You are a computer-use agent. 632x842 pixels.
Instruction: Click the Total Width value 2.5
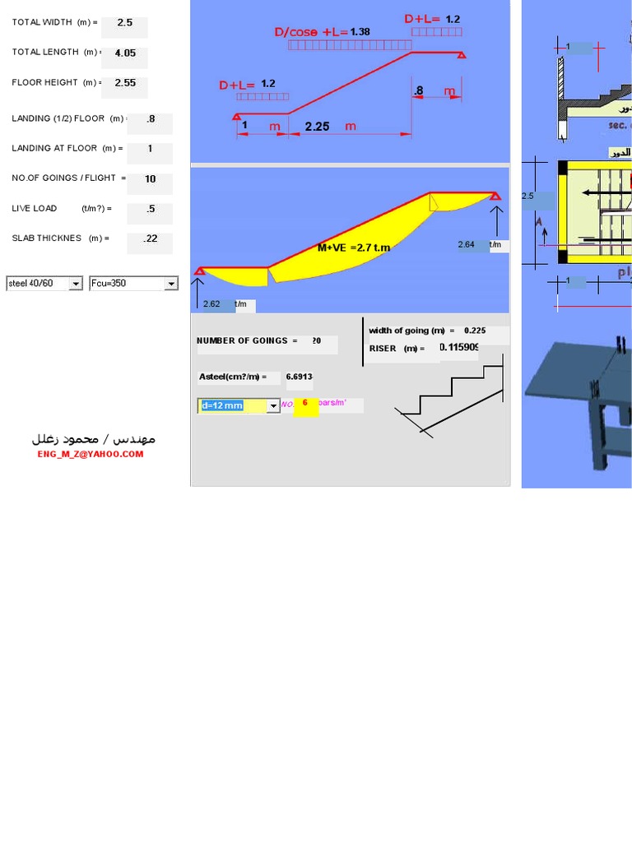(124, 24)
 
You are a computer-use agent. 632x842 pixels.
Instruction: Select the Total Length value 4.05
(125, 53)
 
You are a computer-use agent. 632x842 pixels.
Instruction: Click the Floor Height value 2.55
(125, 83)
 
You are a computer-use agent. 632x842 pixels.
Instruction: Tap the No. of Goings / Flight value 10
(150, 179)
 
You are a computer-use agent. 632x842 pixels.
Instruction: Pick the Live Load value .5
(150, 210)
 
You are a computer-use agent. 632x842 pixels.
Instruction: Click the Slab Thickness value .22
(150, 239)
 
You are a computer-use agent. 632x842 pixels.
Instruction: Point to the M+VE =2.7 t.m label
(354, 247)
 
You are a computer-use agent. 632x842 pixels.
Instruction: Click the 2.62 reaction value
(211, 304)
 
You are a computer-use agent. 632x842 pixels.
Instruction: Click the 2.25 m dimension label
(317, 127)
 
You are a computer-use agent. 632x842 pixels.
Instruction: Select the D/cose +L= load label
(310, 33)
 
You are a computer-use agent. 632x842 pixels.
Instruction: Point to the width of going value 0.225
(474, 331)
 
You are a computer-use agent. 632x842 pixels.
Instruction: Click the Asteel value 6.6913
(298, 377)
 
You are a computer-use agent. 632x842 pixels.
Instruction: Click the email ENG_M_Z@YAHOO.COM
(90, 454)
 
